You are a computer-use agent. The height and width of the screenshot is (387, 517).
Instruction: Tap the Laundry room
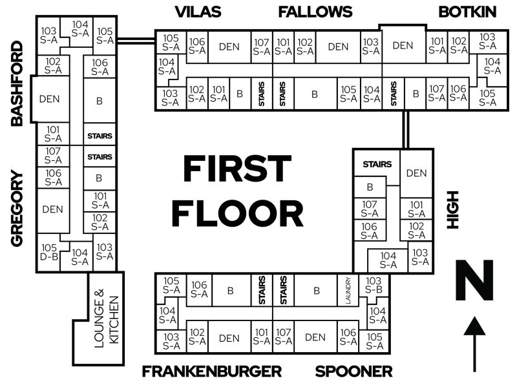(348, 291)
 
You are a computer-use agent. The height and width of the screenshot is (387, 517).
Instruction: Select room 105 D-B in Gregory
(49, 252)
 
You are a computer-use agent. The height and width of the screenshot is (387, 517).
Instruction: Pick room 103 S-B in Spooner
(374, 286)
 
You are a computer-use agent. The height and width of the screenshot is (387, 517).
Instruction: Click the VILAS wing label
(198, 12)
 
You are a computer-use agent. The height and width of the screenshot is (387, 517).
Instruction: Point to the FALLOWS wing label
(315, 12)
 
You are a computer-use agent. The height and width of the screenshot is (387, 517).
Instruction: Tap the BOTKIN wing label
(467, 12)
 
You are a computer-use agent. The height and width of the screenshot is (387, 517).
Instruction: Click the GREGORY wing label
(17, 208)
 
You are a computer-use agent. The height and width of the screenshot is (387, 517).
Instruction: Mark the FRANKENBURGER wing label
(212, 371)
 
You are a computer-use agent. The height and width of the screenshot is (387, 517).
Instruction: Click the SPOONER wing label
(353, 371)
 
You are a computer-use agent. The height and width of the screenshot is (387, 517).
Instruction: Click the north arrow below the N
(476, 342)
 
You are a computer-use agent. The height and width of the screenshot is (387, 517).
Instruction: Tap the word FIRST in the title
(237, 169)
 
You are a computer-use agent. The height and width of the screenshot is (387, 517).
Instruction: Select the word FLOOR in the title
(238, 213)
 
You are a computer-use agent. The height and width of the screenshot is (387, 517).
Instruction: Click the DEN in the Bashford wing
(50, 99)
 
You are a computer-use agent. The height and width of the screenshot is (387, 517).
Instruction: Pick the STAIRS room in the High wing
(377, 164)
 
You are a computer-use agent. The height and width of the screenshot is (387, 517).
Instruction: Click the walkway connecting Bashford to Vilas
(136, 40)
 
